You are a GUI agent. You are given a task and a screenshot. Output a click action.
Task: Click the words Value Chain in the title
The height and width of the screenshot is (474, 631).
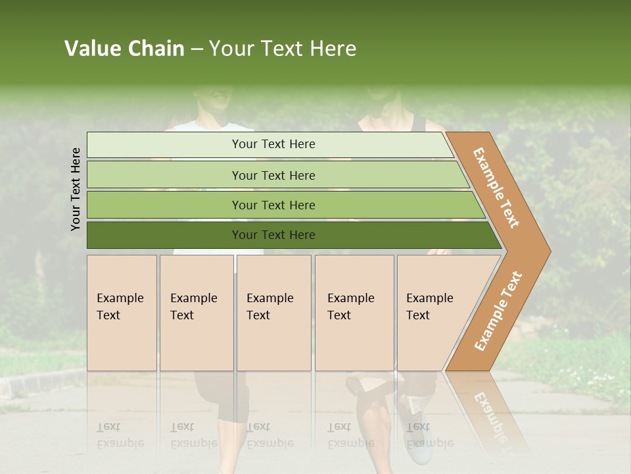click(124, 49)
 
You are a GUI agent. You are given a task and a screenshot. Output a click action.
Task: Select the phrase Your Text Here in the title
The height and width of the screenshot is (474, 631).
click(283, 49)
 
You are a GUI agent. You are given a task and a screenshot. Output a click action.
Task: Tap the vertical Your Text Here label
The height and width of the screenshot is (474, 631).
click(76, 189)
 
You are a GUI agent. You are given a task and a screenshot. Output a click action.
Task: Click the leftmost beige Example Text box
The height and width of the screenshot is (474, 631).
click(122, 312)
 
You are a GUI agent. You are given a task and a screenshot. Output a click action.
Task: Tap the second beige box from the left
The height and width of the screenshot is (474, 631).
click(196, 312)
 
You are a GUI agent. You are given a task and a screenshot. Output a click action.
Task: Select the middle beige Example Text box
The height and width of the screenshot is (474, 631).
click(273, 312)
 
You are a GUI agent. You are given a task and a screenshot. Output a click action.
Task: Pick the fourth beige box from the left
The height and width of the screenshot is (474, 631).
click(354, 312)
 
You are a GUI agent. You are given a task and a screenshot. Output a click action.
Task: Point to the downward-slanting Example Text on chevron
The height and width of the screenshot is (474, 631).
click(496, 188)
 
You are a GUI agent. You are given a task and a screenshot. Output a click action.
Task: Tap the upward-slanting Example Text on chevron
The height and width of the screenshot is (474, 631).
click(498, 311)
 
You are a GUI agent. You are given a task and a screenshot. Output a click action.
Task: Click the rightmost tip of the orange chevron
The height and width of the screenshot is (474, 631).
click(549, 251)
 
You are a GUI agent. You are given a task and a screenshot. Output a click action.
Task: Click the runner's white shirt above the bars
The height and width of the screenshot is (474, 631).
click(217, 126)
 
